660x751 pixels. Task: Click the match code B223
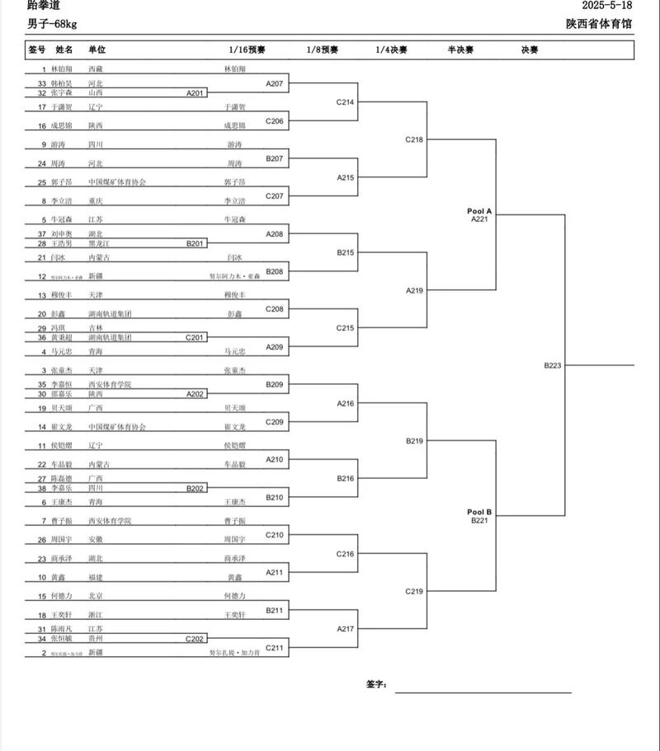click(x=553, y=364)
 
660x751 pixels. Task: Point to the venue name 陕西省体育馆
click(x=599, y=24)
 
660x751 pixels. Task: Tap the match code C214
click(x=345, y=102)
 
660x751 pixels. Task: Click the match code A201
click(x=196, y=93)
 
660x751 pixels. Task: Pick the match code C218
click(x=414, y=139)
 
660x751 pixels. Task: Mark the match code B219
click(x=414, y=441)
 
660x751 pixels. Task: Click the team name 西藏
click(x=96, y=69)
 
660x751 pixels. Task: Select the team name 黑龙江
click(x=100, y=243)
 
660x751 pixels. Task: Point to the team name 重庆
click(x=96, y=200)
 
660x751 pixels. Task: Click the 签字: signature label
click(x=377, y=684)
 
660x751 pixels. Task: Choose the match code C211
click(x=275, y=648)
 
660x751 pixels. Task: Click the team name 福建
click(x=96, y=577)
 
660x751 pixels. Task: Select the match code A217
click(x=345, y=629)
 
